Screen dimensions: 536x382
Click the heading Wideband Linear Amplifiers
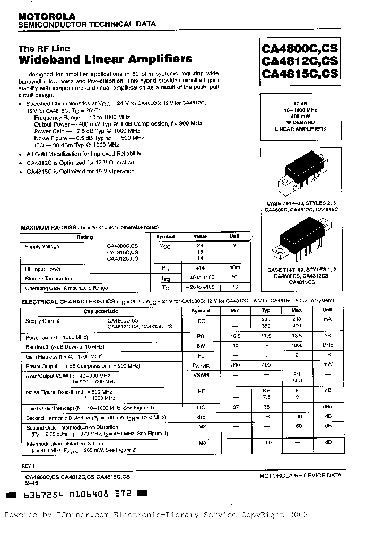pos(105,59)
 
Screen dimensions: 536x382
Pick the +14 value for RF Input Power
pos(201,269)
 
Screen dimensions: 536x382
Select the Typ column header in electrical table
pos(266,310)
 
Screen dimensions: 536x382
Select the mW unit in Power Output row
pos(327,365)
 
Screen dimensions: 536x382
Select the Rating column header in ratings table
pos(85,237)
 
